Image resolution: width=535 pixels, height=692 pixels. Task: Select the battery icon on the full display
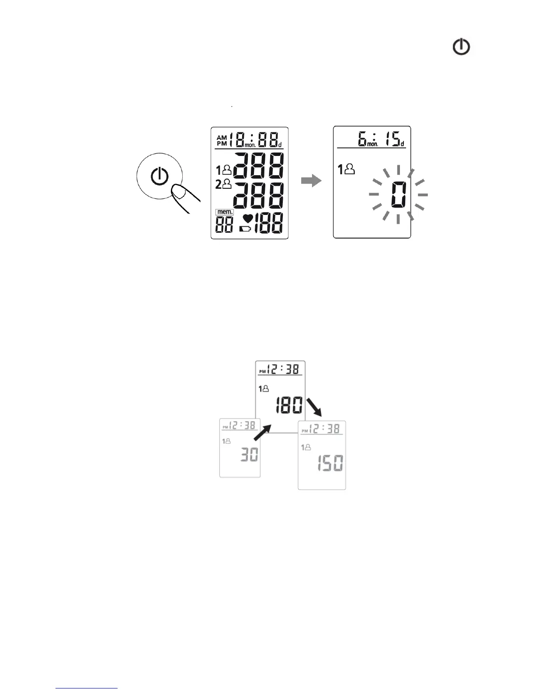(246, 228)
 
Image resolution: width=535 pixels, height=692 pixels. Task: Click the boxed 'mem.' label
(225, 212)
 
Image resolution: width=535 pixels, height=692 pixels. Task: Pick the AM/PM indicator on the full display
(222, 140)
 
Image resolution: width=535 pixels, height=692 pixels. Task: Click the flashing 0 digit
(398, 195)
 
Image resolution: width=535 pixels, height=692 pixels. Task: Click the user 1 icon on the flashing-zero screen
(346, 169)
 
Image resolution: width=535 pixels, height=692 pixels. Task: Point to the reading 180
(288, 406)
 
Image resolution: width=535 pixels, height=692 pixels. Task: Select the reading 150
(330, 463)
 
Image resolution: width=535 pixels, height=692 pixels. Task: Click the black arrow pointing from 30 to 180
(264, 435)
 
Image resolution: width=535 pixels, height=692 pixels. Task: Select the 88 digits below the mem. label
(224, 224)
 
